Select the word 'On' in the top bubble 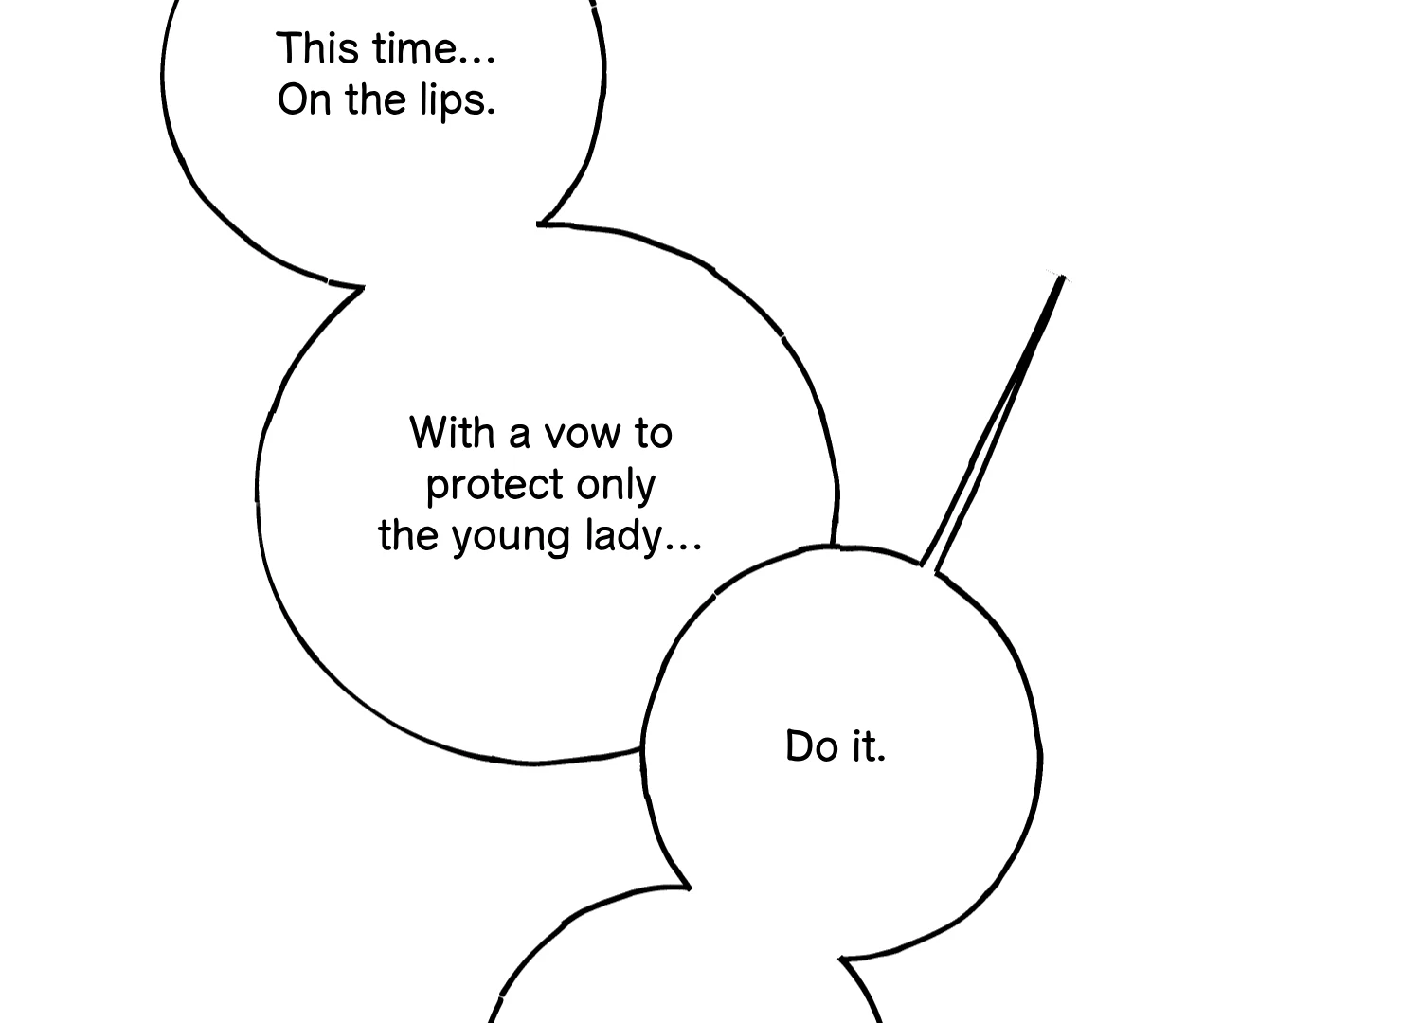pos(304,100)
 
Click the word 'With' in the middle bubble pos(452,432)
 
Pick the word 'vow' pos(582,435)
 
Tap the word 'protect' pos(494,486)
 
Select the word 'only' pos(616,486)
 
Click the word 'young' pos(511,538)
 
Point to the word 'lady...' pos(644,537)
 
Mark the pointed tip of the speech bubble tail pos(1062,278)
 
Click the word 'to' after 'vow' pos(654,433)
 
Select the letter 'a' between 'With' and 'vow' pos(519,436)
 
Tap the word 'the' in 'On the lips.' pos(375,100)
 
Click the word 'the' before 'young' pos(408,535)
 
